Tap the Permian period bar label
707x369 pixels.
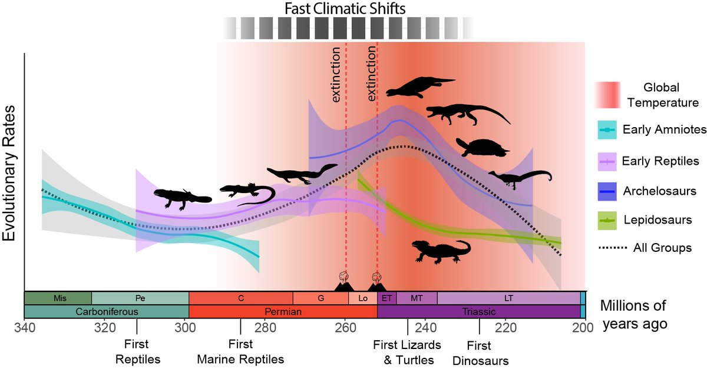click(283, 311)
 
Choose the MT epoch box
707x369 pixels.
click(417, 298)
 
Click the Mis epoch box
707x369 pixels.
click(60, 298)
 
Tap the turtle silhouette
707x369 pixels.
click(482, 148)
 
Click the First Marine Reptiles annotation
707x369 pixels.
click(240, 352)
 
